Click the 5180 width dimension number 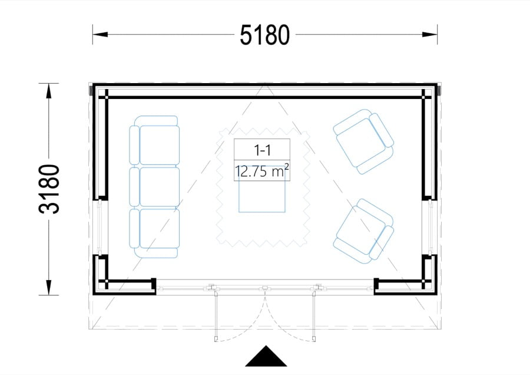[264, 35]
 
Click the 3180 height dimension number [49, 189]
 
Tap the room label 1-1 [262, 150]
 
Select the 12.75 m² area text [262, 171]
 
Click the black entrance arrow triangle [266, 356]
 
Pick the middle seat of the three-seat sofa [159, 186]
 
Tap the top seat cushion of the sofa [159, 145]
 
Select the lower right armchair [364, 231]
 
